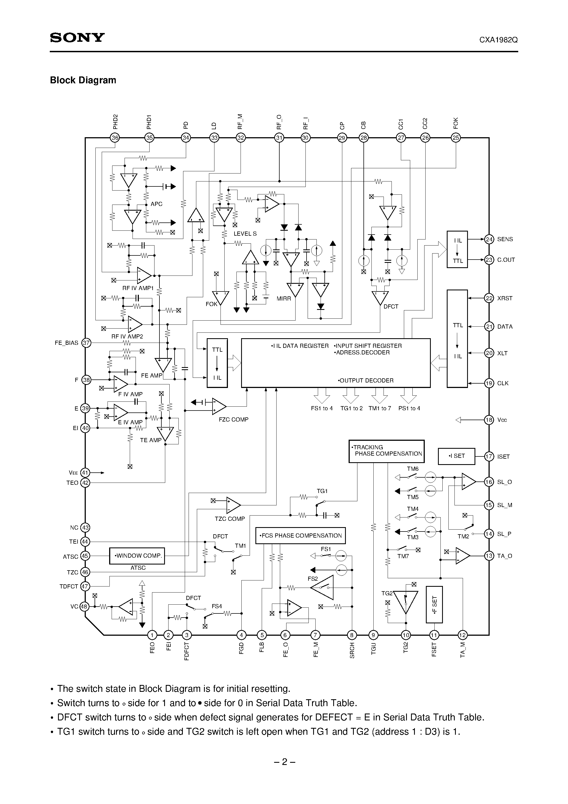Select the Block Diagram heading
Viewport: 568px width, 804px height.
(83, 80)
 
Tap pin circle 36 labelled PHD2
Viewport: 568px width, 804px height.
(115, 137)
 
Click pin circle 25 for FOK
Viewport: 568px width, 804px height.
(456, 137)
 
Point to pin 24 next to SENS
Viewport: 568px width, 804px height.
(489, 239)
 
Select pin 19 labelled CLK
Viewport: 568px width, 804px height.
(489, 383)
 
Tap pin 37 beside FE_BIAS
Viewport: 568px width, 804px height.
(86, 343)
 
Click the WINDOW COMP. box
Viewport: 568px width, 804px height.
(137, 556)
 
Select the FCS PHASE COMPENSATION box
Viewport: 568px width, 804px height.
(300, 535)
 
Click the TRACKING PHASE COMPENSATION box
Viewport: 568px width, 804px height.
(386, 451)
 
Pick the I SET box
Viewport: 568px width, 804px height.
(456, 456)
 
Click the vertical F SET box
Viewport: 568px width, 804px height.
(434, 605)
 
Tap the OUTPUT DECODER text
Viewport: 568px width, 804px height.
(366, 380)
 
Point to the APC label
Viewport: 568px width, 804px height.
(156, 204)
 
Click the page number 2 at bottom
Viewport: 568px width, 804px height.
(284, 762)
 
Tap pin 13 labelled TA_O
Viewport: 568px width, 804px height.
(489, 556)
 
